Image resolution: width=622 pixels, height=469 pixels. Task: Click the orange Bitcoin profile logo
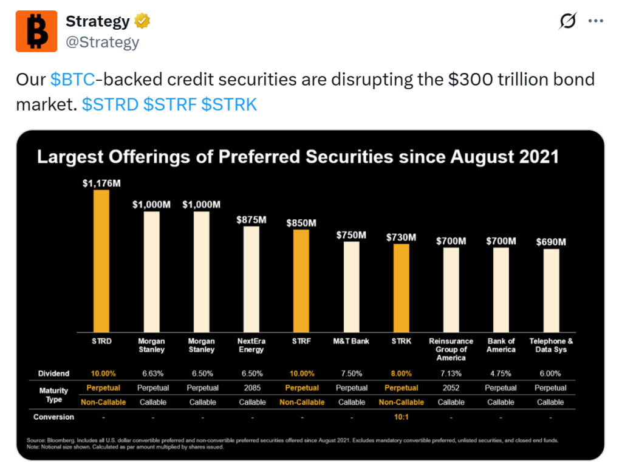tap(36, 30)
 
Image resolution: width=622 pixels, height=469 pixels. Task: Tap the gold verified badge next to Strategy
tap(143, 22)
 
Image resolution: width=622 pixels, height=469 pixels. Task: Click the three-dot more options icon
tap(595, 22)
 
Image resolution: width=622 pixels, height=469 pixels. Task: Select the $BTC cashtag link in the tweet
tap(72, 80)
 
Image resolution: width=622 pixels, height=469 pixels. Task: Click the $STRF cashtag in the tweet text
tap(169, 104)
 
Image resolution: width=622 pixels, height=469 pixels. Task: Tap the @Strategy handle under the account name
tap(102, 42)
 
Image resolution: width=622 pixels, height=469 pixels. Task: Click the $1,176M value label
tap(101, 183)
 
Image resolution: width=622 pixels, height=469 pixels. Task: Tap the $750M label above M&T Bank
tap(351, 235)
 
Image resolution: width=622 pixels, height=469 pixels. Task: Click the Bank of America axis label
tap(501, 345)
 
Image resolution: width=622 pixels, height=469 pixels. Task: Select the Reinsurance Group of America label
tap(451, 349)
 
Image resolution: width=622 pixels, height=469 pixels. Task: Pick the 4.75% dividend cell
tap(501, 374)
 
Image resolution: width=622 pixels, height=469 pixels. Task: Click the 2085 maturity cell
tap(251, 388)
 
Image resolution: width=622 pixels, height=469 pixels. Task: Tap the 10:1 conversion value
tap(401, 417)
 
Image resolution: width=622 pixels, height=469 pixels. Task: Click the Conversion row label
tap(54, 417)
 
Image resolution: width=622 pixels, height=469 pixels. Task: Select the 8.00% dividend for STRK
tap(401, 374)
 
